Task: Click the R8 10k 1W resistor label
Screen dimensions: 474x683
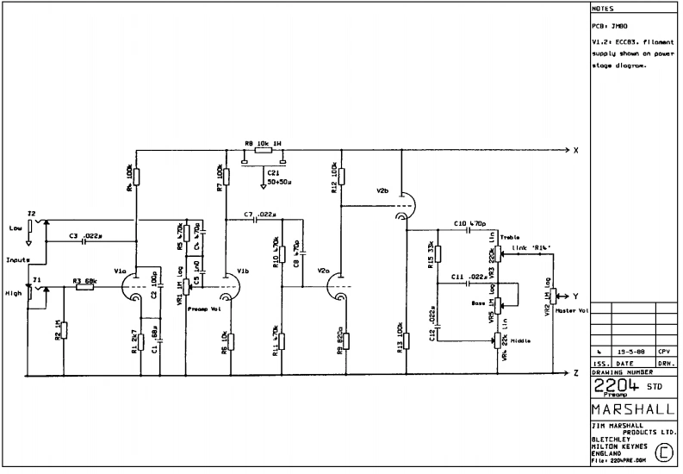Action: (264, 143)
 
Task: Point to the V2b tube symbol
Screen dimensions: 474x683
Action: (403, 206)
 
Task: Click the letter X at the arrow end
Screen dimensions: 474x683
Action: (575, 150)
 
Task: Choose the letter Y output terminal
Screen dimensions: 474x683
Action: (575, 296)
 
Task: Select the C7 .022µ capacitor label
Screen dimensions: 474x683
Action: (259, 213)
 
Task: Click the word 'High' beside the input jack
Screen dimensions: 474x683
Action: (13, 293)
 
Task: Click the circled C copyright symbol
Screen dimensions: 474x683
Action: (664, 451)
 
